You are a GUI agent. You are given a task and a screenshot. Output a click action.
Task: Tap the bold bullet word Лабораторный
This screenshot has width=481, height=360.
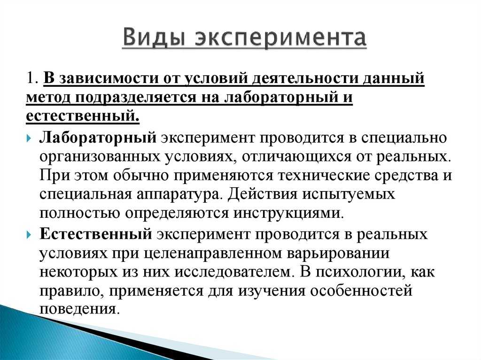(98, 138)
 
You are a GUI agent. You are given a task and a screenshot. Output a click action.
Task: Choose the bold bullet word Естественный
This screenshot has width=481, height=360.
(95, 234)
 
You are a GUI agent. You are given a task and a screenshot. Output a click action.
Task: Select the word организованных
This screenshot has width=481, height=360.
(100, 157)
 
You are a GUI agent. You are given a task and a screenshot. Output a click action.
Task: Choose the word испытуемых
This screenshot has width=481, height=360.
(349, 195)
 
